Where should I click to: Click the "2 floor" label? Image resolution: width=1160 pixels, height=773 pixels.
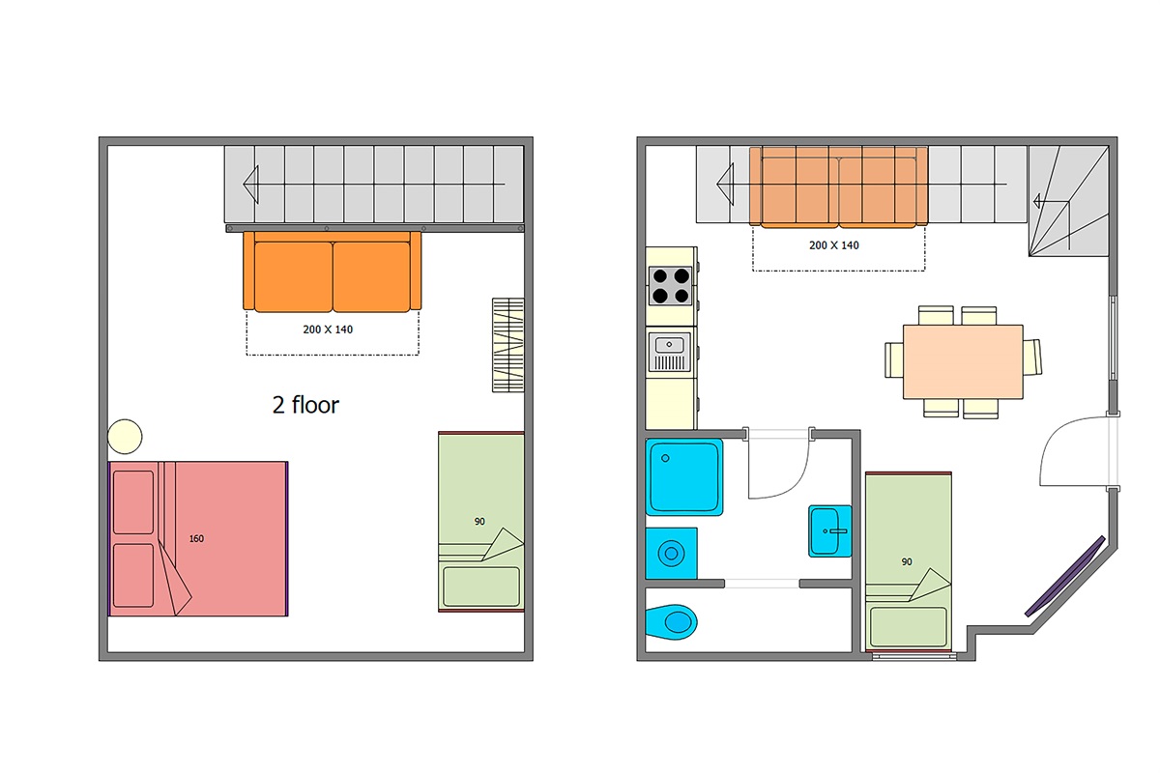point(305,405)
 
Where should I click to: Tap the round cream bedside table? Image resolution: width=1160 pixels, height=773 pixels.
point(125,437)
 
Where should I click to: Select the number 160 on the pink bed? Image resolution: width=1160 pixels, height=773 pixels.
point(196,538)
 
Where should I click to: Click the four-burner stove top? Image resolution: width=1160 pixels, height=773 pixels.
point(671,285)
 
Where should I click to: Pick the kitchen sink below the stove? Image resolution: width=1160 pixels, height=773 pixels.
point(670,352)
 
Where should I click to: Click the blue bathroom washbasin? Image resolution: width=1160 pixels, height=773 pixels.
point(829,531)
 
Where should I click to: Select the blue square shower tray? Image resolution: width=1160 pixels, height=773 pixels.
point(684,477)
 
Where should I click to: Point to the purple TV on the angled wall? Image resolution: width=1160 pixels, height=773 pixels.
point(1064,576)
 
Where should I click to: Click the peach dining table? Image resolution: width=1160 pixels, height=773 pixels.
point(963,361)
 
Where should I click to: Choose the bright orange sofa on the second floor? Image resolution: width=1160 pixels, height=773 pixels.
point(332,272)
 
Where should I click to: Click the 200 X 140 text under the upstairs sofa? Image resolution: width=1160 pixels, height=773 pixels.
point(328,329)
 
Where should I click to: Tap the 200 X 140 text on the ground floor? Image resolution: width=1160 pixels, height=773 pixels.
point(833,245)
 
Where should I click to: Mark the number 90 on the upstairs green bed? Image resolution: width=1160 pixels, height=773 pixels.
point(479,522)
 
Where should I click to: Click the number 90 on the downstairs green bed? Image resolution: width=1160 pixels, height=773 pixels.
point(907,561)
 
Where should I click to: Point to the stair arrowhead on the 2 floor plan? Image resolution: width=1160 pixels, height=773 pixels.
point(250,185)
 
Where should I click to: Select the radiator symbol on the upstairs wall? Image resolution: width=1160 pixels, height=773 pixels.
point(507,345)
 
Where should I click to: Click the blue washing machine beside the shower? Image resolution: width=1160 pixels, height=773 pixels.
point(671,553)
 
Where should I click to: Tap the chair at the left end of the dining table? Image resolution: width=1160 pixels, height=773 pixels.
point(894,359)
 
